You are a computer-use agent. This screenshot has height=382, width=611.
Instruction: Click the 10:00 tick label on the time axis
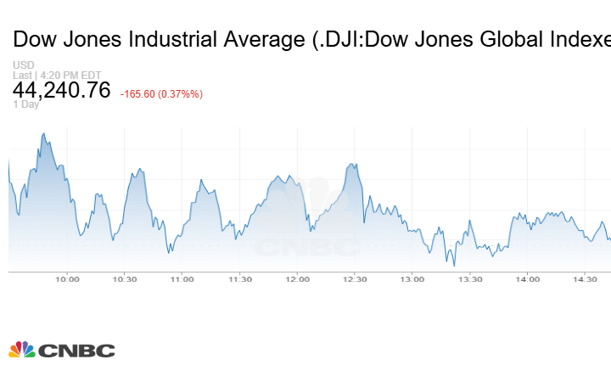pyautogui.click(x=67, y=279)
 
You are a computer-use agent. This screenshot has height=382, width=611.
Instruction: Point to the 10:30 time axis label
pyautogui.click(x=125, y=279)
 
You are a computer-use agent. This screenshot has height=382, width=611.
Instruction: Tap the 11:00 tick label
pyautogui.click(x=182, y=279)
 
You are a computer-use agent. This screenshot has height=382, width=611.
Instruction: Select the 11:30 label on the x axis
pyautogui.click(x=240, y=279)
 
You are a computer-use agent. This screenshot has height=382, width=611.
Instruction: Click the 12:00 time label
pyautogui.click(x=298, y=279)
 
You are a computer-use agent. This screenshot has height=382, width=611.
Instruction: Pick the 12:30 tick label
pyautogui.click(x=355, y=279)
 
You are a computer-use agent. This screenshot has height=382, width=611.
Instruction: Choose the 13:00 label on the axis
pyautogui.click(x=412, y=279)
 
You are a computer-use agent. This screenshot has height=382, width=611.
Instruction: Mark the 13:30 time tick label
pyautogui.click(x=470, y=279)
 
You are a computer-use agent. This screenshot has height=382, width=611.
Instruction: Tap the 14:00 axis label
pyautogui.click(x=528, y=279)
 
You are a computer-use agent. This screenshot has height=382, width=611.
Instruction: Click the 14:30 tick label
pyautogui.click(x=586, y=279)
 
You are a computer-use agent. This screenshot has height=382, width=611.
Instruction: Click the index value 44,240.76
pyautogui.click(x=61, y=90)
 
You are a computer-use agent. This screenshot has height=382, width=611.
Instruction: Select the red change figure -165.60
pyautogui.click(x=141, y=94)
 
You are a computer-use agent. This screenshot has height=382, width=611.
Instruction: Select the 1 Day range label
pyautogui.click(x=25, y=104)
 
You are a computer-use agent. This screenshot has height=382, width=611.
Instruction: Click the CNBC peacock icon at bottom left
pyautogui.click(x=22, y=350)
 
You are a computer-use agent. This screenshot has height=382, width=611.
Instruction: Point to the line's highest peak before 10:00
pyautogui.click(x=43, y=133)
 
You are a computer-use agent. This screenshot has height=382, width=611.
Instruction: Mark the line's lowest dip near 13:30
pyautogui.click(x=455, y=265)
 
